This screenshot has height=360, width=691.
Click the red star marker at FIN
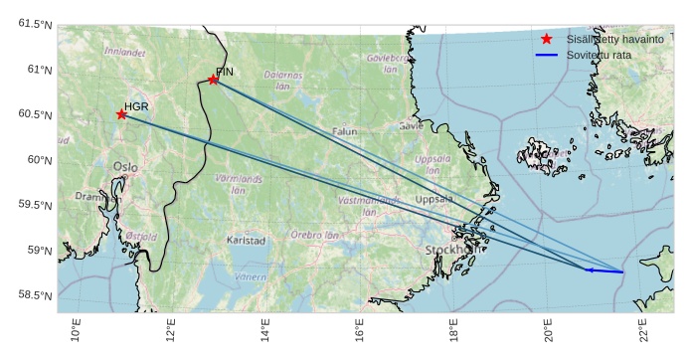(214, 80)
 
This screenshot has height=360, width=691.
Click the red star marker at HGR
(121, 114)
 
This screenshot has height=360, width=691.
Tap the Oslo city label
(125, 167)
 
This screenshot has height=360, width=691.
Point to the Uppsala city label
(433, 199)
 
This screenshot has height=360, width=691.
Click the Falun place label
(345, 131)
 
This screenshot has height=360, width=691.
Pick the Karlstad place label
(247, 241)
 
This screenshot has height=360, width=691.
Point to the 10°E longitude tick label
(77, 328)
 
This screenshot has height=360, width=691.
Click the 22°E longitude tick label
(642, 328)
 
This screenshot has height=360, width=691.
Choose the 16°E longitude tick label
(359, 328)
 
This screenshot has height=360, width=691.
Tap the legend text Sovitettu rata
(600, 55)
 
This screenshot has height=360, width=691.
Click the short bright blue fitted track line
(605, 270)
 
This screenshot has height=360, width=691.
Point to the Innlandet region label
(124, 51)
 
